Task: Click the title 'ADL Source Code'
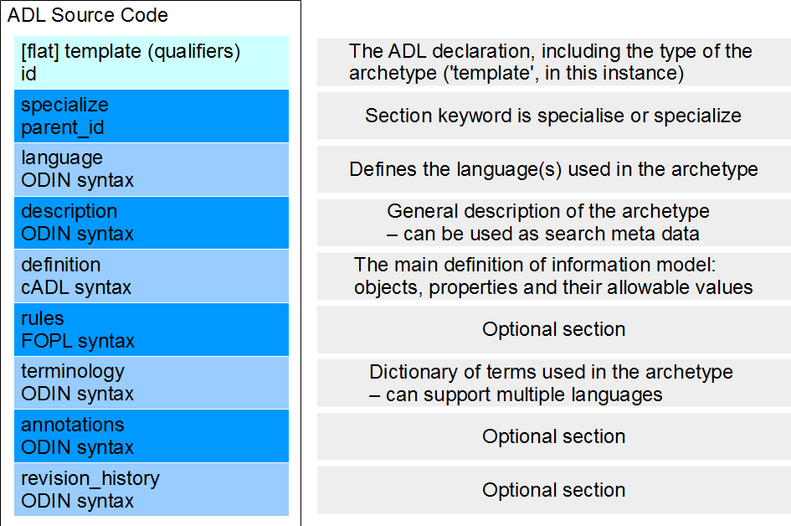click(x=87, y=15)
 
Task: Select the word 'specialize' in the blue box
click(x=64, y=106)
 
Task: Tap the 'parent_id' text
click(x=63, y=127)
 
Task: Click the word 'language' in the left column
click(x=62, y=158)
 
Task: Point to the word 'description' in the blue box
click(x=69, y=212)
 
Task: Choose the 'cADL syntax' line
click(x=76, y=288)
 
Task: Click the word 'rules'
click(x=43, y=318)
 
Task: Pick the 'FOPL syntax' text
click(x=78, y=341)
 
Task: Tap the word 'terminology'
click(x=73, y=372)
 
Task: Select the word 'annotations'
click(x=73, y=425)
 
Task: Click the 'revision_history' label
click(x=90, y=479)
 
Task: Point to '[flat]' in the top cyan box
click(x=40, y=51)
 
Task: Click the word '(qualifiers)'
click(x=194, y=51)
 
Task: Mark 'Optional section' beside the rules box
click(x=554, y=330)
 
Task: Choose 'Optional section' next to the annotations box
click(x=554, y=436)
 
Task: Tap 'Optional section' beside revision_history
click(x=554, y=490)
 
